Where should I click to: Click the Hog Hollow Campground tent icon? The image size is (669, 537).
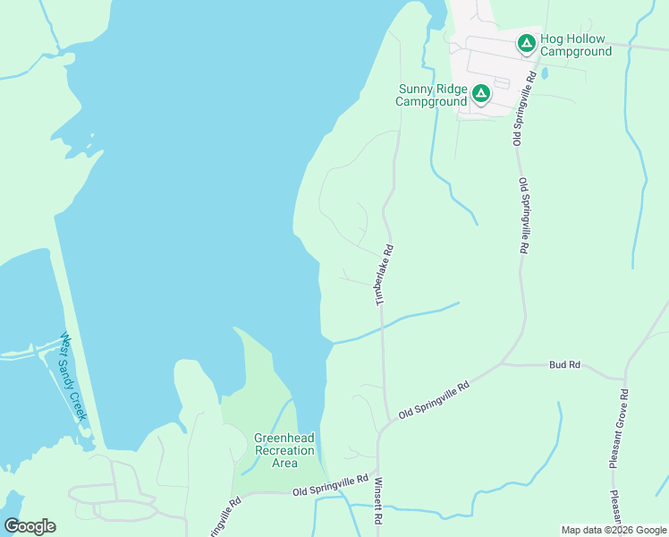[527, 42]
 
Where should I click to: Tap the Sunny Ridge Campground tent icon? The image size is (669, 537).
[481, 93]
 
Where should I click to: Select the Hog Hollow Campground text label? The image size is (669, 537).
[573, 46]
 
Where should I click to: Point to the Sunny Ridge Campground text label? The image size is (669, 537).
[432, 95]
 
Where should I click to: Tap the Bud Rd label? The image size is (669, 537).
[565, 365]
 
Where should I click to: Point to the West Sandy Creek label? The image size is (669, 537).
[73, 377]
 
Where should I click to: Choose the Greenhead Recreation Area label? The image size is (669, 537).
[284, 450]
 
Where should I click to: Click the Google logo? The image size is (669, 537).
[30, 526]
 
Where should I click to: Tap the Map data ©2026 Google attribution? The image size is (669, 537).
[614, 530]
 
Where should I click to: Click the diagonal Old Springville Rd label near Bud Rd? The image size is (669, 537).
[434, 400]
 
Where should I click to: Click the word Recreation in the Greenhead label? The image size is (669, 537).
[284, 450]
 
